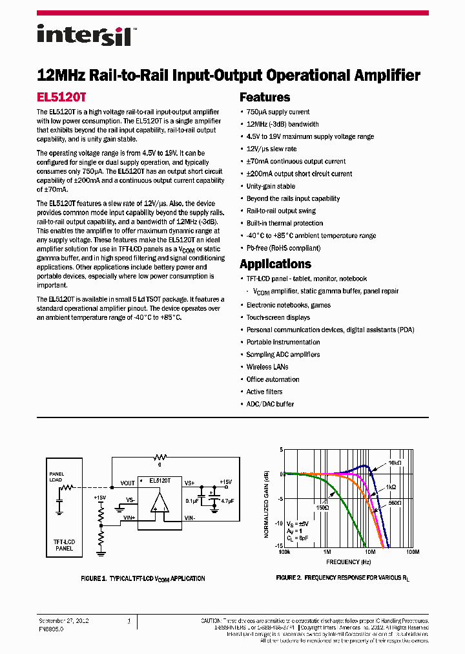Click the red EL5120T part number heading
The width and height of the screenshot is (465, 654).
[x=61, y=98]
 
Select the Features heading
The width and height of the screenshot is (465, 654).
[x=265, y=98]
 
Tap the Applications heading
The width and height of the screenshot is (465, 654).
[x=275, y=264]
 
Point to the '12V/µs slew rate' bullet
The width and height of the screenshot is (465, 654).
[x=271, y=149]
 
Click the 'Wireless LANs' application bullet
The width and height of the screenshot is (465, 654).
[x=267, y=367]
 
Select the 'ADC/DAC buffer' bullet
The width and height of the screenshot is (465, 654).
[x=270, y=405]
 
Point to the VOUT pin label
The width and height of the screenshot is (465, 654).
[x=127, y=483]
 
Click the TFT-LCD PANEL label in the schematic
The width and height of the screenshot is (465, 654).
[x=63, y=545]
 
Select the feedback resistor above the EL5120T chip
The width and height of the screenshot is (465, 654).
[x=160, y=457]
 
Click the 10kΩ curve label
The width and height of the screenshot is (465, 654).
[x=395, y=463]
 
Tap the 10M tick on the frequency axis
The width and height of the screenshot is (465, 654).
[x=370, y=553]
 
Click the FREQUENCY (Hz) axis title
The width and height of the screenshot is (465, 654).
[x=347, y=562]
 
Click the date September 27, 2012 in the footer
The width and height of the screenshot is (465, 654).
[x=63, y=620]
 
